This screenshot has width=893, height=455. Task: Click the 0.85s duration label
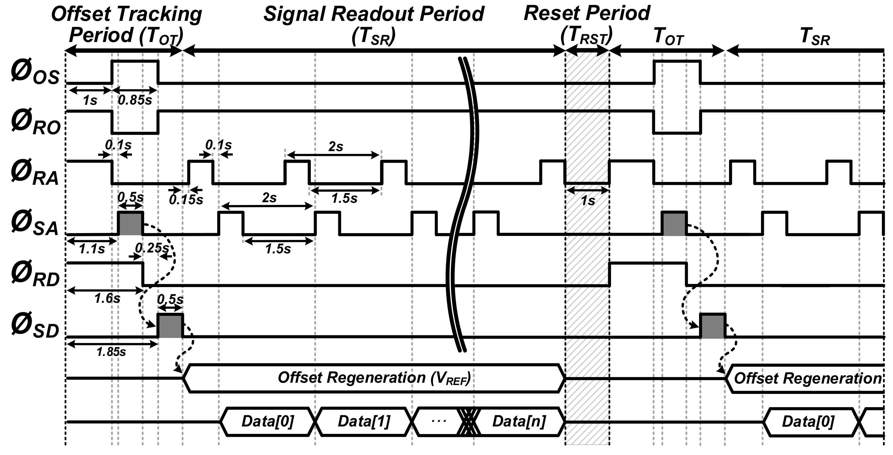135,100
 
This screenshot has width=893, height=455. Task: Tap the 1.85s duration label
111,352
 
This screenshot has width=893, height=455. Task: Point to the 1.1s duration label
92,249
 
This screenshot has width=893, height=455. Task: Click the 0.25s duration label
152,248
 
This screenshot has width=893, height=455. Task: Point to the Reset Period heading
587,14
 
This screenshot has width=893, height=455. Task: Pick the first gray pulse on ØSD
170,326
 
